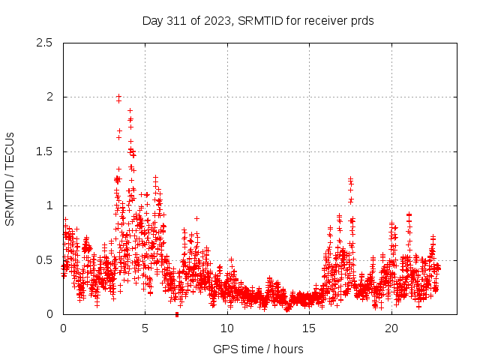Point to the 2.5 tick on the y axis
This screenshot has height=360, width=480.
point(46,43)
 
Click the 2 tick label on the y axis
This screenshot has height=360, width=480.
point(50,97)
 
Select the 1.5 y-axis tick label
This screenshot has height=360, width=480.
point(46,151)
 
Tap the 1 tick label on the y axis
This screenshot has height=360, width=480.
point(50,205)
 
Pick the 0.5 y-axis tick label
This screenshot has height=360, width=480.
point(46,260)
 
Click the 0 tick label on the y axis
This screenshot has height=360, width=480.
point(50,314)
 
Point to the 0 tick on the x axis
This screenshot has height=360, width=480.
point(64,328)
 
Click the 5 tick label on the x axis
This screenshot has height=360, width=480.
point(145,328)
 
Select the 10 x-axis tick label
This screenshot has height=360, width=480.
point(227,328)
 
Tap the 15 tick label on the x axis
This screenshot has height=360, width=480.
point(310,328)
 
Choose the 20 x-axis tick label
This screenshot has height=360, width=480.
point(391,328)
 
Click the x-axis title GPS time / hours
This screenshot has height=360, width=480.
point(258,349)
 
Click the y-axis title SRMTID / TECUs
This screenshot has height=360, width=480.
point(10,178)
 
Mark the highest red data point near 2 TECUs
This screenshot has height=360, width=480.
point(118,97)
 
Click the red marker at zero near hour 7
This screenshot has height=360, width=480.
point(176,313)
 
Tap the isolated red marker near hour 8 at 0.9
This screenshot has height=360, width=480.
point(196,218)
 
